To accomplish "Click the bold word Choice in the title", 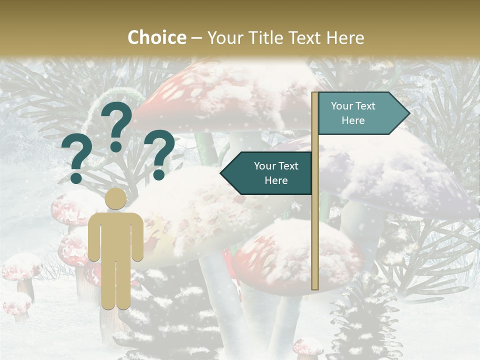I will (156, 38).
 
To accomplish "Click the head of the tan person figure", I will (116, 199).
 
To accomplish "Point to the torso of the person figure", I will (116, 235).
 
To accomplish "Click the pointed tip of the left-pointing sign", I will (221, 173).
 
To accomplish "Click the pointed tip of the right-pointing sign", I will (408, 113).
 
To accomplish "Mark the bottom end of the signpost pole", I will (315, 287).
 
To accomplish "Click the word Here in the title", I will (345, 38).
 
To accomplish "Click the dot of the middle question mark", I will (116, 146).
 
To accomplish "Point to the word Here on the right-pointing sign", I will (353, 120).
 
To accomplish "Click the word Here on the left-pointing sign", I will (276, 180).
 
